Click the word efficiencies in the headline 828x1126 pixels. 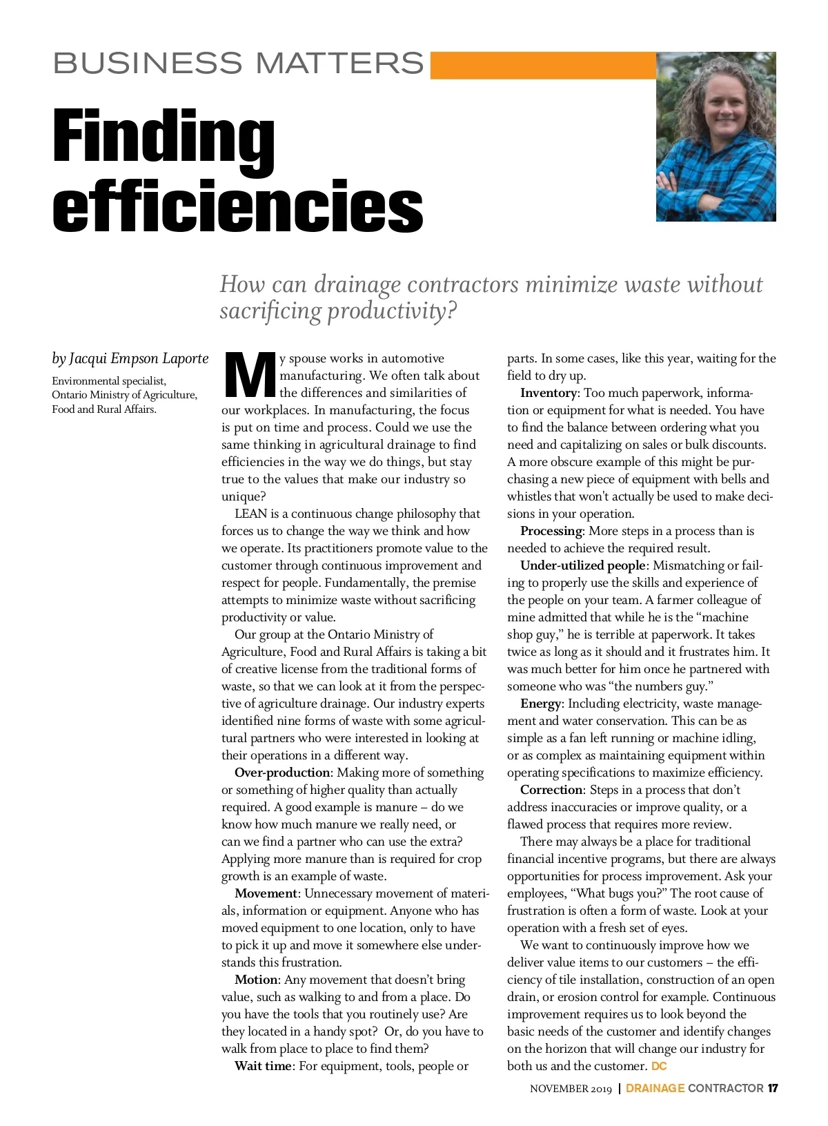pos(237,206)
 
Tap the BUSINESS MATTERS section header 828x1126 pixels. pos(238,64)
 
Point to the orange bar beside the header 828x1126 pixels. pos(542,65)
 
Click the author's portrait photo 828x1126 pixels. pos(716,137)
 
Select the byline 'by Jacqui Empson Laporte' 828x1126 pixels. pos(130,358)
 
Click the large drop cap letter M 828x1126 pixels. pos(249,376)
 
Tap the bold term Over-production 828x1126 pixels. pos(282,773)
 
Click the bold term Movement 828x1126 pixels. pos(266,893)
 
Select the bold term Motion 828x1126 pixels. pos(257,980)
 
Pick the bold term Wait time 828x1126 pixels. pos(263,1066)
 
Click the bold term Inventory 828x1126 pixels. pos(548,393)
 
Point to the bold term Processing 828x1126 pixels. pos(551,531)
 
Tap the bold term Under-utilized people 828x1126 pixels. pos(582,565)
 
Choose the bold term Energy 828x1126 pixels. pos(540,703)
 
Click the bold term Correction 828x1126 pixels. pos(551,790)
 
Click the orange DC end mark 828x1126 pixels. pos(659,1066)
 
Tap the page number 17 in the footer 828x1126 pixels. pos(773,1088)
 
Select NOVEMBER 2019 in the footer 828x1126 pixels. pos(571,1089)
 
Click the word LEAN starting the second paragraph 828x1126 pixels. pos(250,514)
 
